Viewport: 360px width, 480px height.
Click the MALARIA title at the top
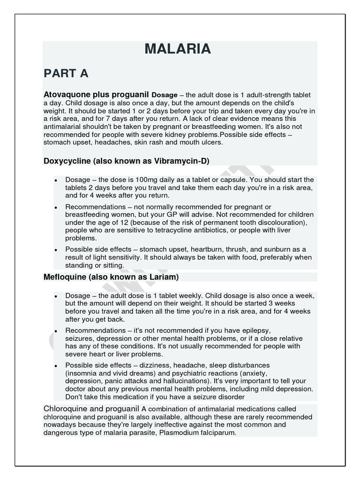coord(178,49)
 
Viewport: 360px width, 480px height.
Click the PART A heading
coord(66,74)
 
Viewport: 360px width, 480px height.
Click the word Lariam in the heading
coord(162,277)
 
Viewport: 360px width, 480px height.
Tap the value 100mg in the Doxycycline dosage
coord(153,180)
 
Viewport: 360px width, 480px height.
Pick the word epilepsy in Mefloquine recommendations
coord(254,330)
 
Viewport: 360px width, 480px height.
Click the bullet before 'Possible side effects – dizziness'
coord(56,366)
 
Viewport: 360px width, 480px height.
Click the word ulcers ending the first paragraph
coord(212,142)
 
